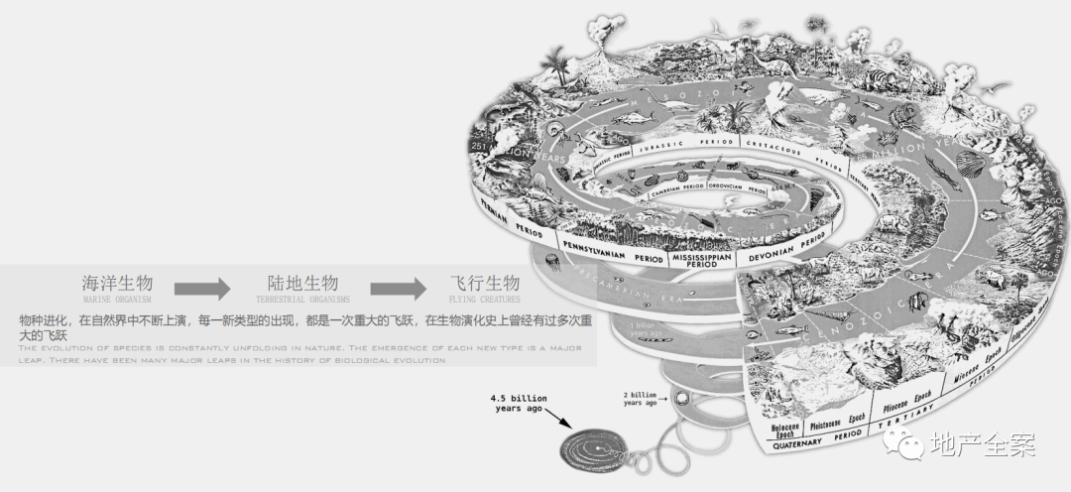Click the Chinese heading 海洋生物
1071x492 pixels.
[117, 282]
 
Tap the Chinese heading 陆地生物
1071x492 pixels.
[302, 282]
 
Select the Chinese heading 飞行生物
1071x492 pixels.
[485, 282]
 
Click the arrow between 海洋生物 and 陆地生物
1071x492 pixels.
[202, 289]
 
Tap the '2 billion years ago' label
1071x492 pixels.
[640, 399]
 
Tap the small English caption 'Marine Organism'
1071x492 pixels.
[118, 299]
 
